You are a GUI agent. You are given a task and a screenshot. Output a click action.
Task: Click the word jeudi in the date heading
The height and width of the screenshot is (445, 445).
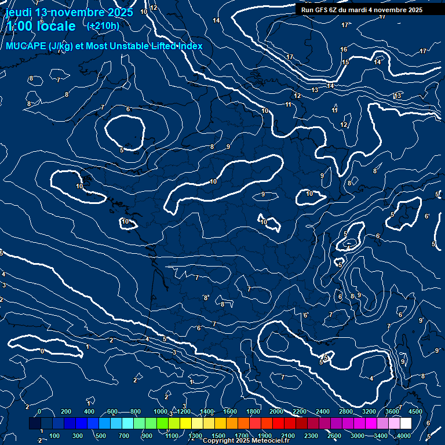pyautogui.click(x=19, y=12)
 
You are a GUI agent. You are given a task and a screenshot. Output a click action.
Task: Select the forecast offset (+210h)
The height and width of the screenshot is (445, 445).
pyautogui.click(x=103, y=25)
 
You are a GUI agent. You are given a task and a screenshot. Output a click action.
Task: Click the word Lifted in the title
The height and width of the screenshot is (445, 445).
pyautogui.click(x=159, y=46)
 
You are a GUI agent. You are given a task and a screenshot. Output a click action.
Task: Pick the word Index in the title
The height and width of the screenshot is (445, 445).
pyautogui.click(x=189, y=46)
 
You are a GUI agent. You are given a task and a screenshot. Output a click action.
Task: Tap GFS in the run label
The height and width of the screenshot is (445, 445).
pyautogui.click(x=323, y=10)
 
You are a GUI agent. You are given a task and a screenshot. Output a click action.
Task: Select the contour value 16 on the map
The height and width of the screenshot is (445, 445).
pyautogui.click(x=344, y=50)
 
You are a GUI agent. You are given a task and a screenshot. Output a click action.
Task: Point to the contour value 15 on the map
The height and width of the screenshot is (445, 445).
pyautogui.click(x=345, y=62)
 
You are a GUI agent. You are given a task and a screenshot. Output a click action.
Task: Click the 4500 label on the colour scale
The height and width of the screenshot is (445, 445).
pyautogui.click(x=415, y=411)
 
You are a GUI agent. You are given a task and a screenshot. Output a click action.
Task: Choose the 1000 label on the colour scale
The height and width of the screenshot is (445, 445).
pyautogui.click(x=161, y=411)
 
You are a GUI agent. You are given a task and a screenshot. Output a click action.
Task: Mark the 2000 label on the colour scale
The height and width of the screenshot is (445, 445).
pyautogui.click(x=277, y=411)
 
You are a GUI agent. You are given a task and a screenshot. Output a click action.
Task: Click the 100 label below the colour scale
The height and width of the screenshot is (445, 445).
pyautogui.click(x=54, y=436)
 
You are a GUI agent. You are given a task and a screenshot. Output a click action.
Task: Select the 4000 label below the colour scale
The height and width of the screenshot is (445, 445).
pyautogui.click(x=404, y=436)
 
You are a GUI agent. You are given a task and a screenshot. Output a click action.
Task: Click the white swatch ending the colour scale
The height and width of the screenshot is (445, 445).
pyautogui.click(x=406, y=424)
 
